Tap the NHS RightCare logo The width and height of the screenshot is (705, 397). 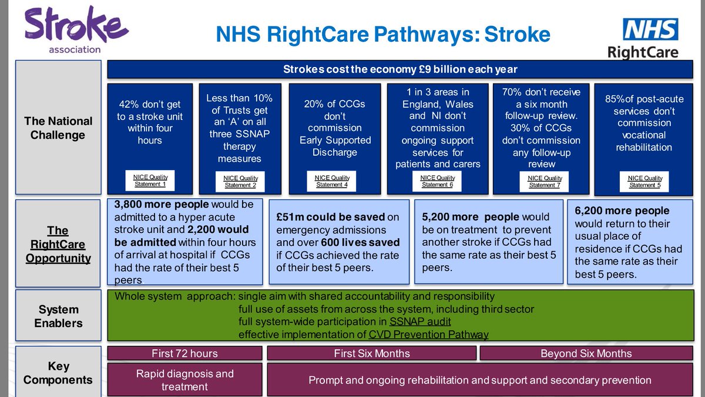tap(643, 38)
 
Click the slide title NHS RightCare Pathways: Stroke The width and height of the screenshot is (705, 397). tap(382, 35)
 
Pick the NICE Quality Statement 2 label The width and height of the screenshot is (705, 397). tap(240, 182)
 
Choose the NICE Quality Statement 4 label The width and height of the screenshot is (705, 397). tap(332, 181)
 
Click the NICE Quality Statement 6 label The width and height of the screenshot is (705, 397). tap(438, 181)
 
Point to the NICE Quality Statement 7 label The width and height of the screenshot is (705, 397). tap(545, 182)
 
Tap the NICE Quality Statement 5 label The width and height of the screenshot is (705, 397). tap(644, 182)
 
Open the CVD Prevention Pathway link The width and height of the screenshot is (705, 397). tap(428, 335)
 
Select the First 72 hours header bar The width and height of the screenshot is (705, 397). tap(184, 353)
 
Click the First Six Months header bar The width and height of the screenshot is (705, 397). tap(371, 353)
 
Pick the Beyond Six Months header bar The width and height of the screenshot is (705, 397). tap(586, 353)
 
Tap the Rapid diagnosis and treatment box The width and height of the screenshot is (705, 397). tap(184, 380)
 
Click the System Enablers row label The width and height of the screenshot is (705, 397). tap(58, 316)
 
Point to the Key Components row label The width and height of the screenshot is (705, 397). tap(58, 373)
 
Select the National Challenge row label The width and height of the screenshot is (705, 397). tap(58, 128)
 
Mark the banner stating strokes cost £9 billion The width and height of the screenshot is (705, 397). tap(400, 69)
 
